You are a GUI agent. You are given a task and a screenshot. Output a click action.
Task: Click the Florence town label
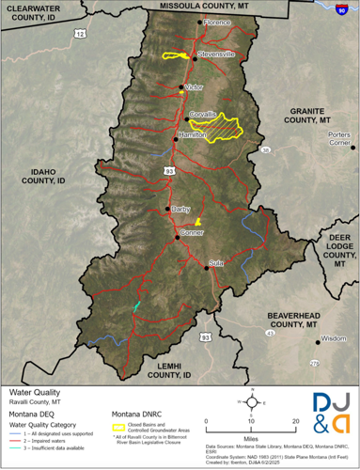pos(217,21)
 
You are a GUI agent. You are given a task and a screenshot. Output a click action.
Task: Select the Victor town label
pos(194,86)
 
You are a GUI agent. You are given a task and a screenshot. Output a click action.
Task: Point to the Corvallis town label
pos(203,115)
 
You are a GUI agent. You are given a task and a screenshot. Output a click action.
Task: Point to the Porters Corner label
pos(339,139)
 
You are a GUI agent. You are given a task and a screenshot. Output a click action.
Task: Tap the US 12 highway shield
pos(81,34)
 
